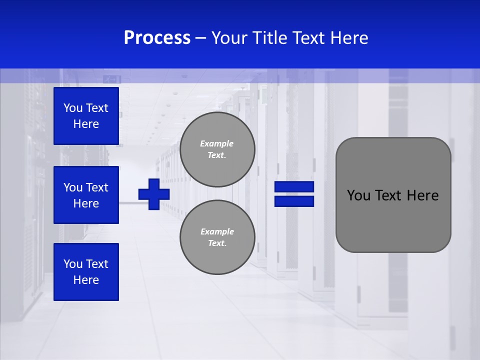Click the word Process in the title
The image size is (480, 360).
click(x=157, y=38)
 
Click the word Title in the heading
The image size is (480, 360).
click(x=270, y=38)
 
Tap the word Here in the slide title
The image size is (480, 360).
click(x=348, y=38)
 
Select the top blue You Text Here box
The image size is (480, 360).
click(x=86, y=116)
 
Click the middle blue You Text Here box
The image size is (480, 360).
click(x=86, y=195)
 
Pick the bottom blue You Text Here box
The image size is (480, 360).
click(x=86, y=272)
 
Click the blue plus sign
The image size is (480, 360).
click(x=154, y=194)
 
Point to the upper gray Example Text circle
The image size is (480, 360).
click(x=217, y=149)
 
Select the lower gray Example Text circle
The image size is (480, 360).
click(x=217, y=237)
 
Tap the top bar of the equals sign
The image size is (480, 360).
click(x=294, y=187)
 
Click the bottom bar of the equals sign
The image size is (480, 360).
click(x=294, y=201)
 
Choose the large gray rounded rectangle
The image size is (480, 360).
click(x=393, y=195)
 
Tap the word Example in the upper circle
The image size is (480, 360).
click(x=216, y=143)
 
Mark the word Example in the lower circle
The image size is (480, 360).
click(x=217, y=231)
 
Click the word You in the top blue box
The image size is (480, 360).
click(x=72, y=108)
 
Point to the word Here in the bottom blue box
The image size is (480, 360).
click(x=86, y=280)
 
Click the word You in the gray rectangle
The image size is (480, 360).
click(x=358, y=195)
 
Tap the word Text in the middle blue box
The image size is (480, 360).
click(x=96, y=187)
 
